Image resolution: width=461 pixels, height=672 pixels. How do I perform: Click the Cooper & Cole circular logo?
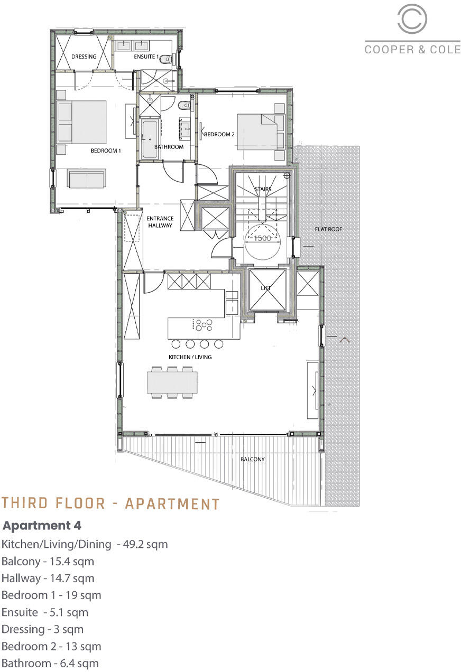[x=412, y=20]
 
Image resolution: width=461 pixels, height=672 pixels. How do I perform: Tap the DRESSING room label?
[x=84, y=57]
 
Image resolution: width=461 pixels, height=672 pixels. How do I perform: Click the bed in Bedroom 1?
[x=84, y=122]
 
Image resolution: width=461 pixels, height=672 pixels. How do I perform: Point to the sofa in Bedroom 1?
[x=87, y=179]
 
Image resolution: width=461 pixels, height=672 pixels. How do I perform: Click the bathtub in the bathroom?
[x=149, y=138]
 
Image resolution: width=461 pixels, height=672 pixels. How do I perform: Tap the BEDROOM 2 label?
[x=219, y=135]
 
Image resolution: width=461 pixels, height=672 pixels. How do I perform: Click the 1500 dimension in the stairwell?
[x=262, y=238]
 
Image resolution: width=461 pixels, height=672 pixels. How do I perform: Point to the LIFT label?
[x=266, y=288]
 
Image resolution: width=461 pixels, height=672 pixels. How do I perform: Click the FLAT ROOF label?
[x=328, y=229]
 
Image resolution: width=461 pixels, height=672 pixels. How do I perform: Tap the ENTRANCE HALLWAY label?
[x=160, y=222]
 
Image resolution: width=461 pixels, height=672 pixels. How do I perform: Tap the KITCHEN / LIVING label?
[x=190, y=357]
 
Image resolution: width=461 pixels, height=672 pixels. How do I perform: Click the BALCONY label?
[x=253, y=459]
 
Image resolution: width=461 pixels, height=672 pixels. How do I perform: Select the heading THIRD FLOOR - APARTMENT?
[x=110, y=503]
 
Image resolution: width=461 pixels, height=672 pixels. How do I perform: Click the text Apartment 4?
[x=42, y=526]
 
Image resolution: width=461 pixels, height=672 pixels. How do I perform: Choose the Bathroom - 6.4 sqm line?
[x=50, y=663]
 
